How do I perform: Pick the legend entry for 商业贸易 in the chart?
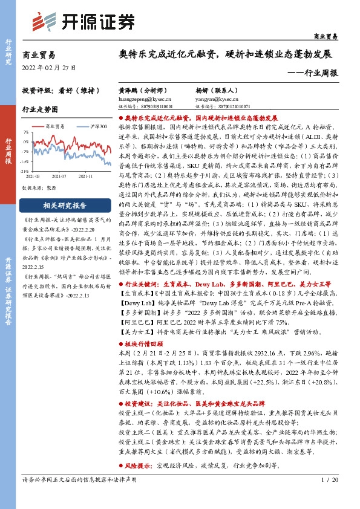tap(57, 126)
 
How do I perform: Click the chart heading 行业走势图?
tap(40, 110)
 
